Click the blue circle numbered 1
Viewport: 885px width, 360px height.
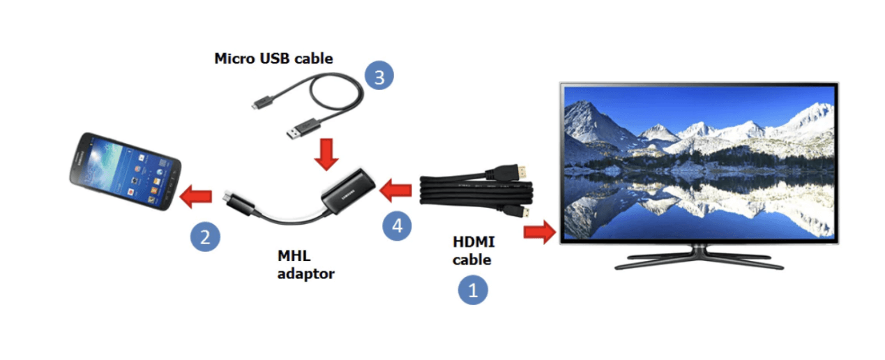tap(472, 290)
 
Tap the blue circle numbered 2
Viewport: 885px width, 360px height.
tap(205, 237)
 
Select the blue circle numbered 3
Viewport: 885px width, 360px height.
tap(379, 77)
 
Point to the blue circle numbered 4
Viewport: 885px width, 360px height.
tap(397, 225)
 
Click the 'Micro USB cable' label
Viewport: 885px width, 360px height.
tap(273, 59)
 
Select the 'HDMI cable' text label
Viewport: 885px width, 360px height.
tap(473, 251)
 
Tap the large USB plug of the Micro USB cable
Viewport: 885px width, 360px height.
tap(304, 129)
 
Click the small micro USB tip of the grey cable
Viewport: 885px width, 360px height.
tap(255, 106)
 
